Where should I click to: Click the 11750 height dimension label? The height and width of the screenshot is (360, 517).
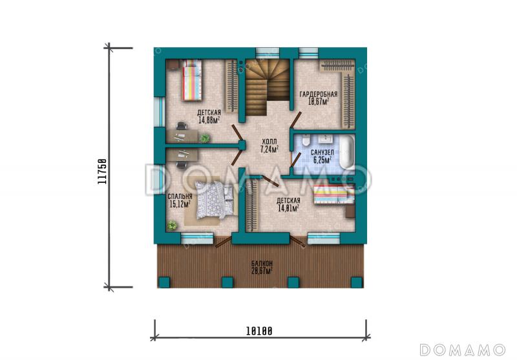point(102,171)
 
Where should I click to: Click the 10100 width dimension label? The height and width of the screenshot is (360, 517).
point(259,331)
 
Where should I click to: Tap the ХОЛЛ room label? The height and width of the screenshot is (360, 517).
point(269,142)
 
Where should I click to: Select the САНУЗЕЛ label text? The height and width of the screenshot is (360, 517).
point(322,153)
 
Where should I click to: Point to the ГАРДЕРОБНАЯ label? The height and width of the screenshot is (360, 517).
point(318,94)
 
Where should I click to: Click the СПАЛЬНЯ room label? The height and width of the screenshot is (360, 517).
point(180,197)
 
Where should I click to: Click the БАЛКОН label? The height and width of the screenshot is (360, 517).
point(262,264)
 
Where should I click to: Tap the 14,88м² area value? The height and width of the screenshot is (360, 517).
point(209,120)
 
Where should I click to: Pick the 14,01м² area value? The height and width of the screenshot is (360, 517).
point(288,208)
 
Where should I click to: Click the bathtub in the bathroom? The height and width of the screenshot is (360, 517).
point(347,153)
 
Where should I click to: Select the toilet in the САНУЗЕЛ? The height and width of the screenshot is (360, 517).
point(305,140)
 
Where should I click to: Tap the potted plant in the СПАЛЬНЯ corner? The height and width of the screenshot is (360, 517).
point(171,225)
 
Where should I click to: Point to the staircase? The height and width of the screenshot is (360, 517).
point(267,87)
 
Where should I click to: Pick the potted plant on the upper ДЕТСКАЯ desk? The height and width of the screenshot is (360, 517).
point(204,138)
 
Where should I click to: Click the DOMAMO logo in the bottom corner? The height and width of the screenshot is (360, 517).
point(462,350)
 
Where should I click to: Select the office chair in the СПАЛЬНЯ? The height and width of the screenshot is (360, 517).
point(182,165)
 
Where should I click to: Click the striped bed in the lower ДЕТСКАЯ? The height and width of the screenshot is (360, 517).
point(333,194)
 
